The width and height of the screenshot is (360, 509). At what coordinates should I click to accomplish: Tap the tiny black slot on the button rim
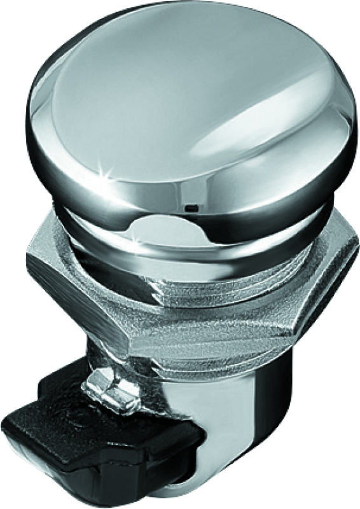click(192, 208)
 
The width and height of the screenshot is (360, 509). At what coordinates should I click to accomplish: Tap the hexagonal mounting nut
click(191, 299)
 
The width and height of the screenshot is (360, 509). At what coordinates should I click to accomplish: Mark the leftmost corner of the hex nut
click(27, 261)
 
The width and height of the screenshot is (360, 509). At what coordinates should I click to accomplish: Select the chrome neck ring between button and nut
click(191, 242)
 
